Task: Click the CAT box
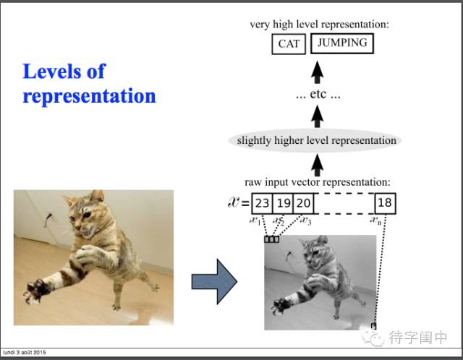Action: [x=289, y=44]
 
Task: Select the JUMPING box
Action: [x=342, y=43]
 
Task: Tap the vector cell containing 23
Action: [x=262, y=203]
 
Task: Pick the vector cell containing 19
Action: [x=283, y=203]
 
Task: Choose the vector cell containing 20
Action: [x=303, y=203]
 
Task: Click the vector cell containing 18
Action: [x=385, y=203]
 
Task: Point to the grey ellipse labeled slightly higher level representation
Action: [x=315, y=141]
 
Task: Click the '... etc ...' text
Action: [x=318, y=95]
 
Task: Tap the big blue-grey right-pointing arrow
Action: [x=214, y=281]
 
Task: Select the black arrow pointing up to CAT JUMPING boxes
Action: [x=317, y=72]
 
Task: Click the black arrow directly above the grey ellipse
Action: [x=317, y=116]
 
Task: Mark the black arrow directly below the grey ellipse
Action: [x=317, y=166]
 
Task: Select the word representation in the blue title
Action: [x=89, y=96]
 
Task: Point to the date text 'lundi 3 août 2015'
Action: [x=24, y=352]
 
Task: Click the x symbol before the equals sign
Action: [x=234, y=202]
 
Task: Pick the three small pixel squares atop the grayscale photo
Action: [x=272, y=239]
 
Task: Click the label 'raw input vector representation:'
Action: [x=318, y=182]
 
